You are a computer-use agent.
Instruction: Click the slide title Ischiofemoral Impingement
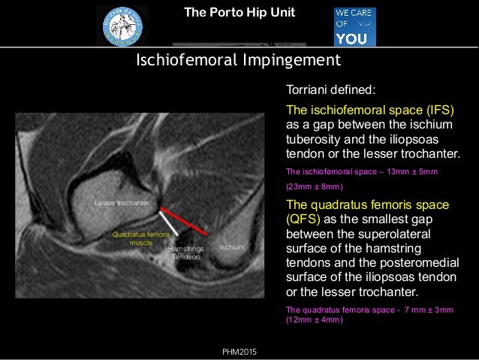238,59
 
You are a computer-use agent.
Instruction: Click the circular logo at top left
122,26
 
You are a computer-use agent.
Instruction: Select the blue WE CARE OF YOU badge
354,27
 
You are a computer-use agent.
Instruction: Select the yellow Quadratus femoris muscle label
141,239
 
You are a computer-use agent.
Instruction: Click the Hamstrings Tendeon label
185,252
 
